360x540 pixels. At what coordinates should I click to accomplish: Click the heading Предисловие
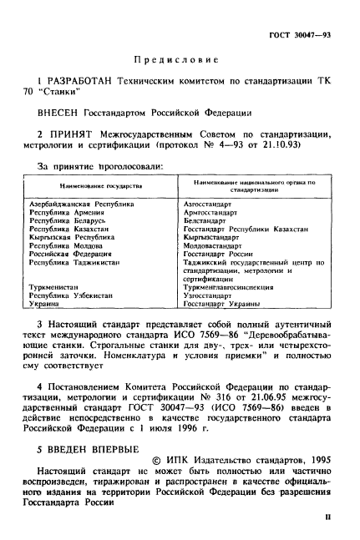[177, 60]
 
